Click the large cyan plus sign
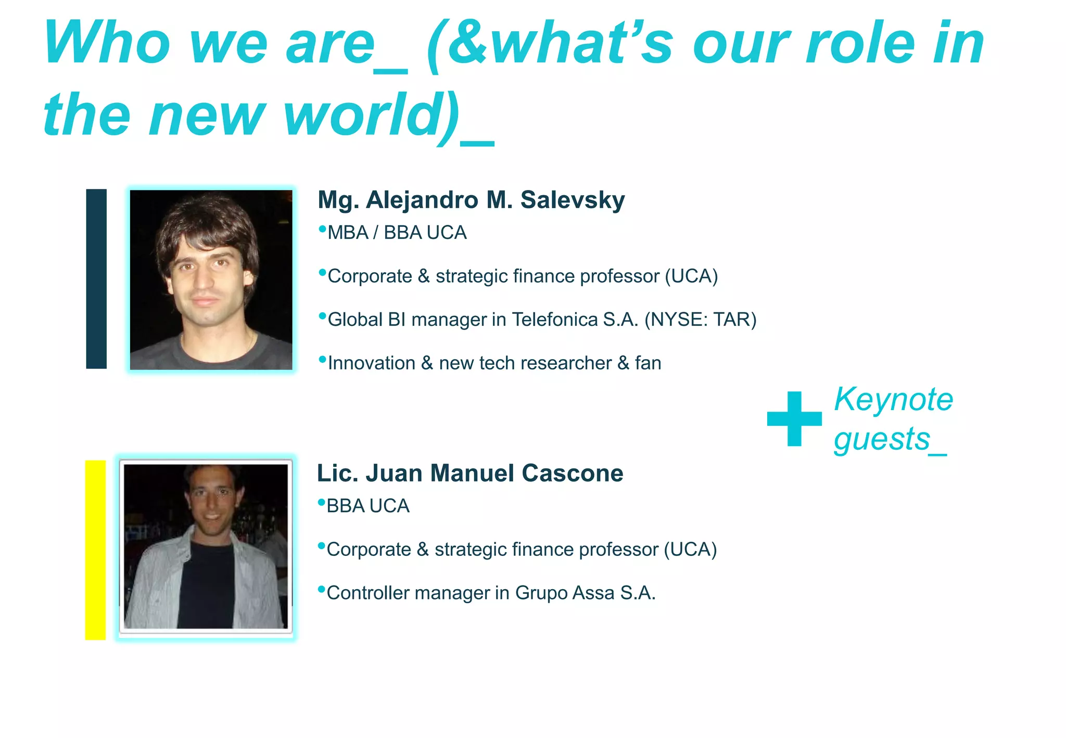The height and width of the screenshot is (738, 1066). coord(794,418)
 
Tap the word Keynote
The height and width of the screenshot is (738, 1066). coord(893,400)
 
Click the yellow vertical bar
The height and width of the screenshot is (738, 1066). coord(95,550)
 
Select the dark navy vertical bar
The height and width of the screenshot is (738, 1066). coord(96,279)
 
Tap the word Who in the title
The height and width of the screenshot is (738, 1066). coord(107,43)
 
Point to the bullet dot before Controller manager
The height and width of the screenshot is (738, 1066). coord(322,589)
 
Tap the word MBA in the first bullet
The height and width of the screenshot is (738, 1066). coord(348,233)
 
